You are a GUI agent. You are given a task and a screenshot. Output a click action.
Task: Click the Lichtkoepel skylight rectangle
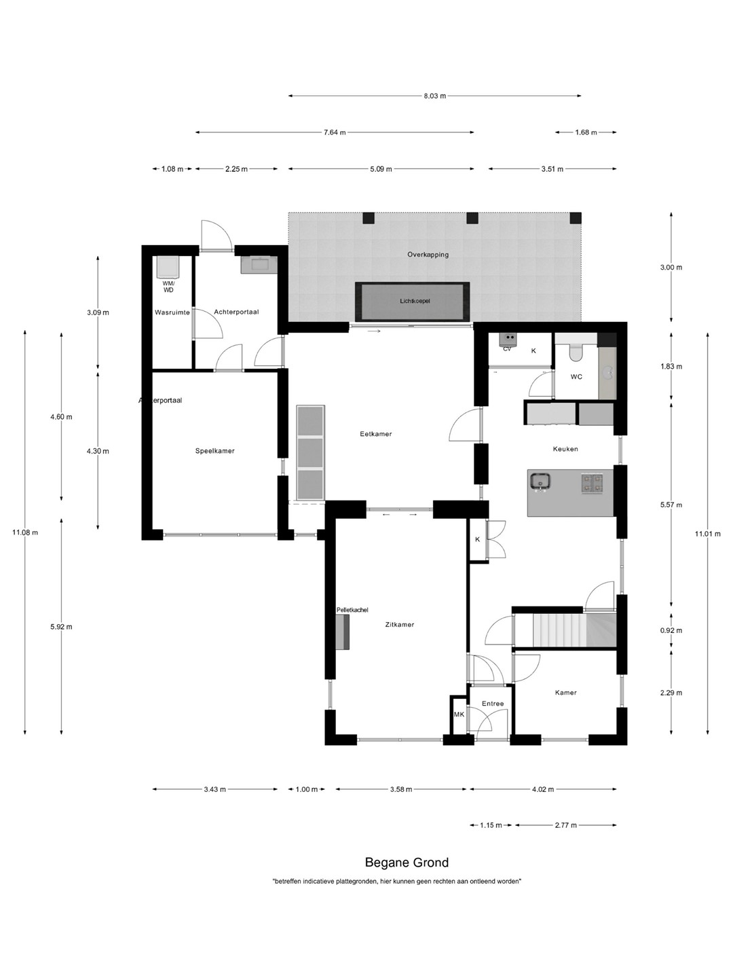(412, 301)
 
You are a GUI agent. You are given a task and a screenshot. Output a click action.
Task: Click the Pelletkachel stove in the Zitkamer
(343, 632)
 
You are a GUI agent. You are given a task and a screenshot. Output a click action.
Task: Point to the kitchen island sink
(540, 482)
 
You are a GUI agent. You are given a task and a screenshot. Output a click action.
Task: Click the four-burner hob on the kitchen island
(592, 484)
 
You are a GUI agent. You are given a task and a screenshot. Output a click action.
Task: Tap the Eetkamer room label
(375, 433)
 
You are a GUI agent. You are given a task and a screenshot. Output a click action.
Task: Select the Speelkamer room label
(215, 450)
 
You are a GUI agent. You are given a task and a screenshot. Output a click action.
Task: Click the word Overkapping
(428, 255)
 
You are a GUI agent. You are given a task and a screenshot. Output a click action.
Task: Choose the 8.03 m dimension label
(435, 95)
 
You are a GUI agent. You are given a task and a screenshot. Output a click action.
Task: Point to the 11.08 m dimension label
(25, 532)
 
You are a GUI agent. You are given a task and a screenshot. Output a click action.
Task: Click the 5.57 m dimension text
(671, 505)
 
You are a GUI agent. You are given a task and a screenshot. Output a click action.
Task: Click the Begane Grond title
(407, 862)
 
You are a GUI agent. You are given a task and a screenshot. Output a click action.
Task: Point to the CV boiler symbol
(508, 340)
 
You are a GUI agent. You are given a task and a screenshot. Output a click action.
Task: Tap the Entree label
(493, 704)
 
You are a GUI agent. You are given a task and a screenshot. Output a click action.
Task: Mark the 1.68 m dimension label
(586, 132)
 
